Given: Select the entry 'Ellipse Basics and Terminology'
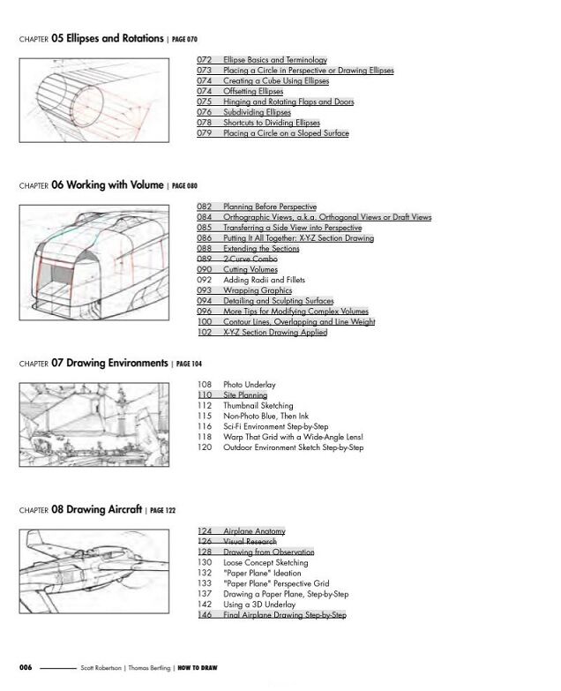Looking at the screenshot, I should coord(274,60).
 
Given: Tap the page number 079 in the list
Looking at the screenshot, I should coord(204,134).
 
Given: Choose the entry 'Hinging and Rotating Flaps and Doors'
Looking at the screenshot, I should coord(288,102).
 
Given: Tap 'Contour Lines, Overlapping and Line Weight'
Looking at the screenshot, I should coord(299,322).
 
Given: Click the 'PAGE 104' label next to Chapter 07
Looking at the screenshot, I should coord(188,364).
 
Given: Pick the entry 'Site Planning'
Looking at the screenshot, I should coord(245,395).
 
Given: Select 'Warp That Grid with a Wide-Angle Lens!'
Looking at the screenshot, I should coord(293,438).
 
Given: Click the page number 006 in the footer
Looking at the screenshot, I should coord(26,668).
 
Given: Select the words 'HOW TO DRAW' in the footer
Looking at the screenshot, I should coord(198,668).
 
